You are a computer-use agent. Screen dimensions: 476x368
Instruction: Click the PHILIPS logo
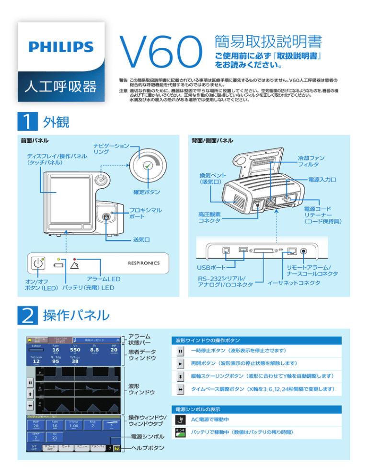(x=60, y=46)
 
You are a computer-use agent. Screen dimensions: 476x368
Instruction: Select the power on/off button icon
(x=38, y=262)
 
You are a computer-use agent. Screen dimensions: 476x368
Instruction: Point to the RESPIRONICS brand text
(x=144, y=262)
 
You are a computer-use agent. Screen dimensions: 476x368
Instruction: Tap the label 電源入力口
(x=322, y=180)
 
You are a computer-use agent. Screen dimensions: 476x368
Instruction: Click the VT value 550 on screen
(x=75, y=350)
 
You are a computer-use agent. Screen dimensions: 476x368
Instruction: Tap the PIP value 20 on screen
(x=114, y=350)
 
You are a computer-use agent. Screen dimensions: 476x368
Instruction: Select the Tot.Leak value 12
(x=36, y=362)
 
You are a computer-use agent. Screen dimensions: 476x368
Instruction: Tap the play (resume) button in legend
(x=180, y=363)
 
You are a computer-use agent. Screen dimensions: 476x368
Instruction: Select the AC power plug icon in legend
(x=180, y=419)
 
